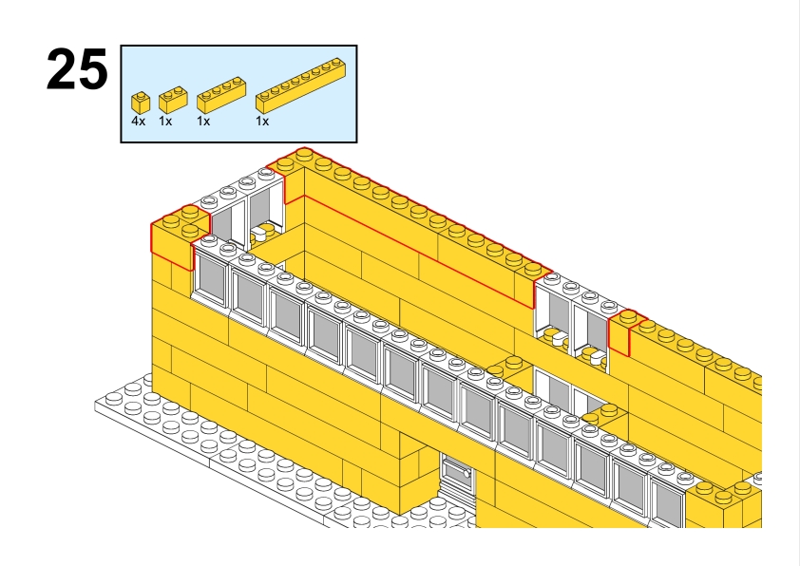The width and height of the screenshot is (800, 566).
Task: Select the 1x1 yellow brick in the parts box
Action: point(141,102)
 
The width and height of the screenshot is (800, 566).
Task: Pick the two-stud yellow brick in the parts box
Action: point(171,99)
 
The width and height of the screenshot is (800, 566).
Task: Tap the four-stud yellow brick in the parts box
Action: point(218,96)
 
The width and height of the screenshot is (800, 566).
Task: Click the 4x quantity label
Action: point(139,122)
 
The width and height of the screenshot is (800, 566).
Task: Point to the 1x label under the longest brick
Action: point(262,122)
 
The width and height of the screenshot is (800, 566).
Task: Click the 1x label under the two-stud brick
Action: point(165,122)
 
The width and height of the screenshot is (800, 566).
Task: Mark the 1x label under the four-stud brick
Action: point(203,122)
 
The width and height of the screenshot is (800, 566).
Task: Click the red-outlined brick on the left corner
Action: point(178,238)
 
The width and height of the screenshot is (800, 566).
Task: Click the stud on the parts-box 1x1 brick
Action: point(141,95)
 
